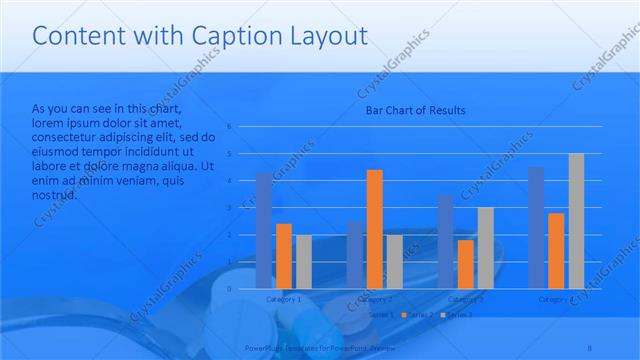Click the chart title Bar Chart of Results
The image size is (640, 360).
coord(415,110)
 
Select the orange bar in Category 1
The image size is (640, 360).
coord(284,255)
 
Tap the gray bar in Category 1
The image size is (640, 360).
coord(303,261)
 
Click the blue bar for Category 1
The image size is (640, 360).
coord(264,230)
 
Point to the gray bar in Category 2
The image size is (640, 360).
coord(394,261)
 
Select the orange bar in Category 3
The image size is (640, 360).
coord(466,263)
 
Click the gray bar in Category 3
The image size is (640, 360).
coord(485,247)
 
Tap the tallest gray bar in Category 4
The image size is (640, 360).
coord(576,220)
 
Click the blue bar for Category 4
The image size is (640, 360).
coord(537,227)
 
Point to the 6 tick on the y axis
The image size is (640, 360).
coord(229,127)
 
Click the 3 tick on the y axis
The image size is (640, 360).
coord(229,208)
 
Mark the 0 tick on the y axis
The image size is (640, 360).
coord(229,288)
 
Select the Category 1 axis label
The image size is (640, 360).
coord(284,299)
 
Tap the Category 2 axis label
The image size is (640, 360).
coord(374,299)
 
